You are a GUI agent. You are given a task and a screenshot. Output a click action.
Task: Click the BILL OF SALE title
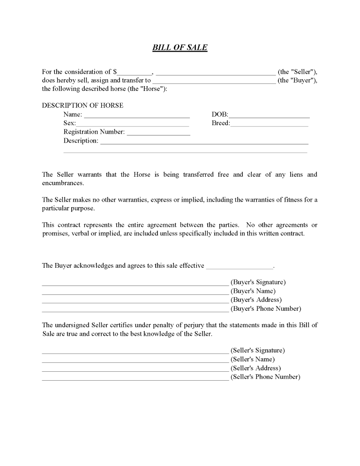[180, 48]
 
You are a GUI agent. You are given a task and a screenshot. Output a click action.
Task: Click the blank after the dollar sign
[135, 73]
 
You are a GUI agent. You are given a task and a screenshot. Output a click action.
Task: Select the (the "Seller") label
[298, 72]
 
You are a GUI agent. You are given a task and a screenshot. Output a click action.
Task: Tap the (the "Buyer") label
[298, 81]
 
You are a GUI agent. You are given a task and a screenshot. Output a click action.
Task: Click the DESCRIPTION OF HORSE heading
[82, 105]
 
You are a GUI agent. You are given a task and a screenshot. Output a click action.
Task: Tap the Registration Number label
[94, 132]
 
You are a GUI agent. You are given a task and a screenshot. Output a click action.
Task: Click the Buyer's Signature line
[135, 284]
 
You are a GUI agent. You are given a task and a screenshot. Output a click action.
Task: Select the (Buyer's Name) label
[253, 291]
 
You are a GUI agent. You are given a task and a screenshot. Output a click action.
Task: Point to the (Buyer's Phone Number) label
[266, 308]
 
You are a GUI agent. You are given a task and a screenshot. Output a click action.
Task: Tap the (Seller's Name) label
[253, 360]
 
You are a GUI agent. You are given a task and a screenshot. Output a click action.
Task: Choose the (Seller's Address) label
[256, 368]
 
